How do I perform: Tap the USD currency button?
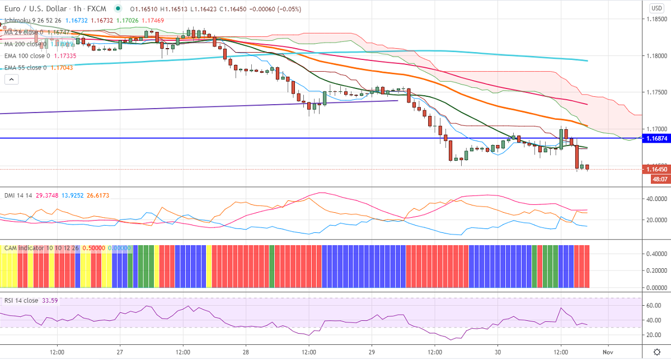pos(656,8)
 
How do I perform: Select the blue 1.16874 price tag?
pos(656,138)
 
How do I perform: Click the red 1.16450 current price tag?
pos(656,169)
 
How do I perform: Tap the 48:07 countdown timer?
pos(658,179)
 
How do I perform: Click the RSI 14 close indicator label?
pos(21,301)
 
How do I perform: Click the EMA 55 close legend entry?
pos(25,68)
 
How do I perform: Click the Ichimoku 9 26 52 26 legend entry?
pos(31,20)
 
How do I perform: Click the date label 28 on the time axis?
pos(246,352)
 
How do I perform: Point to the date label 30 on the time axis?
pos(498,352)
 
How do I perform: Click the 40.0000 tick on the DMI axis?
pos(656,199)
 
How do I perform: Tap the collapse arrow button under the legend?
pos(12,80)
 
